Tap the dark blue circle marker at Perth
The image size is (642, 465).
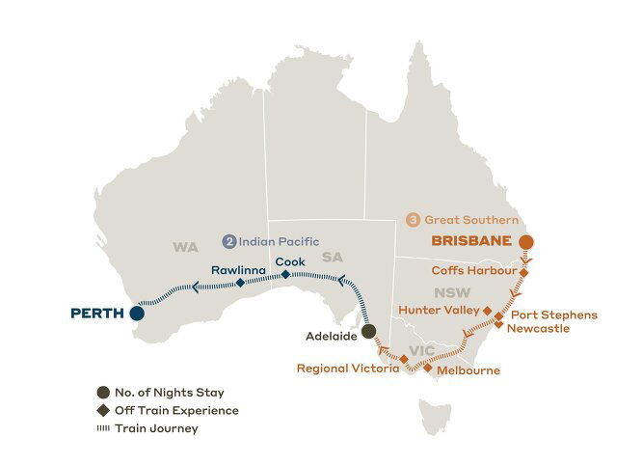[x=138, y=313]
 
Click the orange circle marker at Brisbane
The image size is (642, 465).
[x=525, y=241]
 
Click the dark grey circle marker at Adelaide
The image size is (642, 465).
[x=368, y=332]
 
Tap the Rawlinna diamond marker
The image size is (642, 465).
[x=240, y=283]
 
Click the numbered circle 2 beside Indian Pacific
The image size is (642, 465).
[x=229, y=241]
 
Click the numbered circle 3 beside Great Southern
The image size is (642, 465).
[x=415, y=219]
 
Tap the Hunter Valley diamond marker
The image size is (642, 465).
[x=488, y=313]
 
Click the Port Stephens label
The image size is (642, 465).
[x=554, y=315]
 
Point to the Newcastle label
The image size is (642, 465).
[x=541, y=328]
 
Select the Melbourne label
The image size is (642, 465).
[x=468, y=369]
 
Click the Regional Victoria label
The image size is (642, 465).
[x=347, y=368]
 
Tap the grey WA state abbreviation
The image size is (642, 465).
[x=185, y=247]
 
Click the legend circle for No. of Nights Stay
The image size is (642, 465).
[x=102, y=393]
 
